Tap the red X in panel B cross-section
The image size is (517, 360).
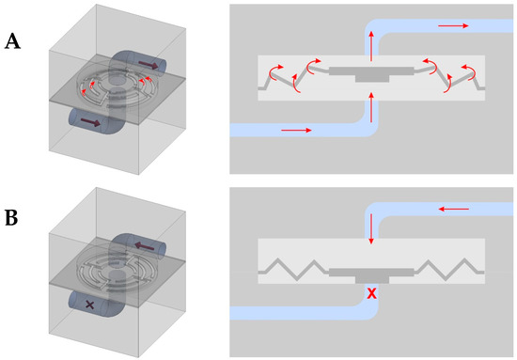371,294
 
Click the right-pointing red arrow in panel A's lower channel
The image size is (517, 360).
294,130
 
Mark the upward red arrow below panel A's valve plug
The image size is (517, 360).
372,110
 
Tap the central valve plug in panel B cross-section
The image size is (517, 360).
372,271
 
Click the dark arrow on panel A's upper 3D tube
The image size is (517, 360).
149,67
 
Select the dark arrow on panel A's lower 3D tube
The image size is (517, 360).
87,122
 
